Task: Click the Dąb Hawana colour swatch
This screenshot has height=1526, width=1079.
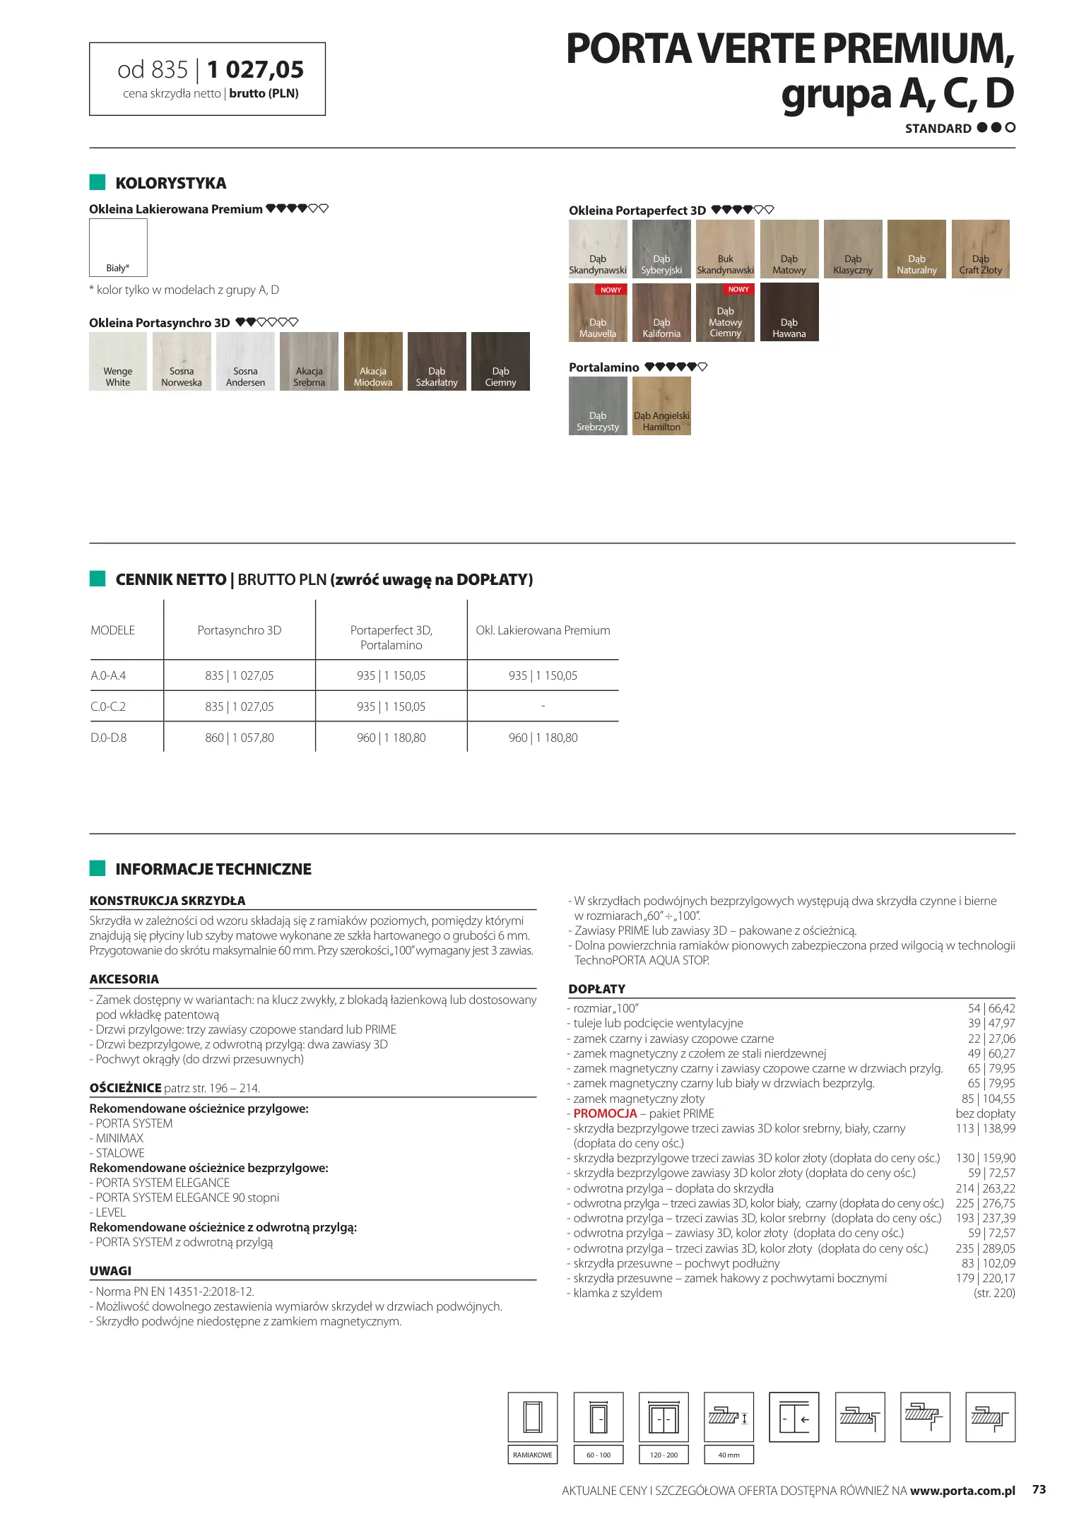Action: click(789, 312)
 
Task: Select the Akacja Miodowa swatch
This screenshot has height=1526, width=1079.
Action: click(372, 361)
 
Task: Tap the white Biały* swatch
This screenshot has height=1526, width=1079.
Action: click(118, 247)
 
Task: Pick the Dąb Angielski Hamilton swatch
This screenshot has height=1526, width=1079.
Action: click(661, 406)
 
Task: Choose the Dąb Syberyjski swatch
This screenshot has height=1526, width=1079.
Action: click(661, 249)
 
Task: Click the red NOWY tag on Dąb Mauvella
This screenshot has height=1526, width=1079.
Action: click(611, 290)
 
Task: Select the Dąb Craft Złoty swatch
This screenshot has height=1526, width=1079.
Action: click(980, 249)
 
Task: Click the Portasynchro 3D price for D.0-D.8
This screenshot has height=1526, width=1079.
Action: click(240, 738)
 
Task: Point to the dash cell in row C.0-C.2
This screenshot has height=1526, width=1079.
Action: click(543, 706)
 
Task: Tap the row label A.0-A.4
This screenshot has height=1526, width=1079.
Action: click(109, 675)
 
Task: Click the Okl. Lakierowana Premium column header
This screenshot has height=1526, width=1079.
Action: click(543, 630)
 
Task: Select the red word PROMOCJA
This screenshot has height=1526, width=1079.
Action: click(605, 1113)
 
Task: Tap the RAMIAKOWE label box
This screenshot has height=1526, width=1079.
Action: click(533, 1455)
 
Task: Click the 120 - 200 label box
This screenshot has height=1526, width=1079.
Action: click(664, 1455)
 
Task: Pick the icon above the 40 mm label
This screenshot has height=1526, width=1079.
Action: click(729, 1416)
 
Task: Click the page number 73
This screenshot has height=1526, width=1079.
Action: click(1039, 1489)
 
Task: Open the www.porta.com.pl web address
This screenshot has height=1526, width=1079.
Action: click(962, 1491)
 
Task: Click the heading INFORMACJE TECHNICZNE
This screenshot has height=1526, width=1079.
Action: click(213, 869)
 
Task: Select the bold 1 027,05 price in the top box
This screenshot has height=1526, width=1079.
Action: click(255, 69)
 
